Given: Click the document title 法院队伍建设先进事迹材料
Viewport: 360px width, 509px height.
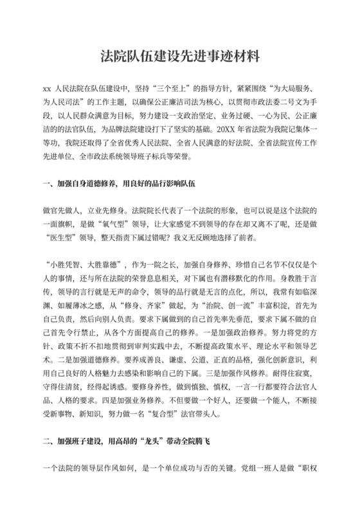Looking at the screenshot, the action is (x=179, y=56).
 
